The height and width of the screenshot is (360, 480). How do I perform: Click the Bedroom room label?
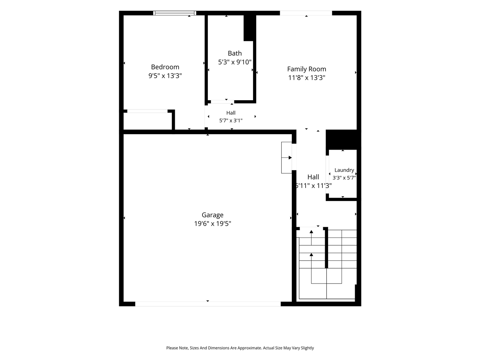pyautogui.click(x=165, y=67)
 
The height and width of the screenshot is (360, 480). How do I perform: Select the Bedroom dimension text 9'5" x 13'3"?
pyautogui.click(x=165, y=76)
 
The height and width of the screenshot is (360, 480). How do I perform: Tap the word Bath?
pyautogui.click(x=235, y=53)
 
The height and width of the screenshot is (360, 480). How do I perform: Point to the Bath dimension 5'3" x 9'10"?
pyautogui.click(x=235, y=62)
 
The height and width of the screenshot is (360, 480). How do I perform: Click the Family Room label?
pyautogui.click(x=307, y=69)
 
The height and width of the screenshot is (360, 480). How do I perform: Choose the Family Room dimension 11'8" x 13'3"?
pyautogui.click(x=307, y=78)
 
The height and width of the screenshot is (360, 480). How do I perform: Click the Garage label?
pyautogui.click(x=213, y=215)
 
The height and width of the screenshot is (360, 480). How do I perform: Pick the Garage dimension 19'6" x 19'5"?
pyautogui.click(x=213, y=223)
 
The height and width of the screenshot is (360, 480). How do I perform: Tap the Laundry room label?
pyautogui.click(x=344, y=170)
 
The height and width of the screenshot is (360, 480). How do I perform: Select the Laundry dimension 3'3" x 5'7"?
pyautogui.click(x=344, y=178)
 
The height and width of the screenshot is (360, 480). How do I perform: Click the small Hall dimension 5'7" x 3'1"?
pyautogui.click(x=231, y=120)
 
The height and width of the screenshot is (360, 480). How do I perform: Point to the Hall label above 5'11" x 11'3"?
pyautogui.click(x=313, y=177)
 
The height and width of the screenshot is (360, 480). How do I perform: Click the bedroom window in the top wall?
pyautogui.click(x=174, y=13)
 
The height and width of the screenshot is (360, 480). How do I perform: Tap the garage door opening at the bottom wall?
pyautogui.click(x=208, y=304)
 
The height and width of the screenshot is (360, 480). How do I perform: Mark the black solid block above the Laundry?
pyautogui.click(x=343, y=139)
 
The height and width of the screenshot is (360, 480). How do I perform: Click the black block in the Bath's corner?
pyautogui.click(x=250, y=28)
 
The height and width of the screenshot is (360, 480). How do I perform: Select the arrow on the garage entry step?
pyautogui.click(x=287, y=157)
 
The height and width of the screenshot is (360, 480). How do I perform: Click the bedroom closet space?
pyautogui.click(x=148, y=121)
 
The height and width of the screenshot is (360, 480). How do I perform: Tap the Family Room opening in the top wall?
pyautogui.click(x=306, y=13)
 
